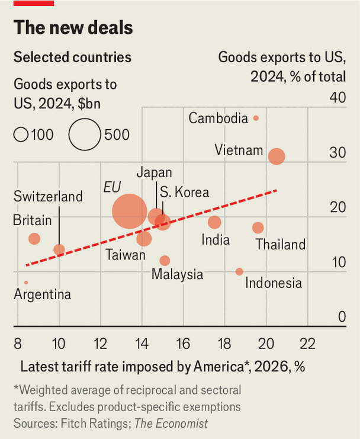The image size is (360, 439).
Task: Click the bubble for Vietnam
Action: pos(277,156)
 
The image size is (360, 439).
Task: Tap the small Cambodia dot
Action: pos(256,118)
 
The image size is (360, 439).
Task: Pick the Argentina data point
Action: pos(26,283)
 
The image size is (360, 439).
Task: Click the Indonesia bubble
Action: pos(239,271)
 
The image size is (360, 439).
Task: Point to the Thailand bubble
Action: pos(258,227)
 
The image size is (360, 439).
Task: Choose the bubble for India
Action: pos(214,222)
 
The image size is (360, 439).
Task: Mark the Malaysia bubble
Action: pos(165,261)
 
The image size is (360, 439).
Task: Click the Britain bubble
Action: pos(34,239)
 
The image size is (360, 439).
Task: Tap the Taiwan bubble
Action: pos(144,239)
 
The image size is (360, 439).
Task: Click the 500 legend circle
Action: pos(85,134)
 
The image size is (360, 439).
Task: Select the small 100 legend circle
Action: pos(21,135)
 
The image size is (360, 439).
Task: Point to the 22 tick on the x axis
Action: pos(307,343)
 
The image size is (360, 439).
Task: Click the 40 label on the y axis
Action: pos(337,97)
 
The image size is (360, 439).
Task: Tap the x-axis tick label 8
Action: pos(18,343)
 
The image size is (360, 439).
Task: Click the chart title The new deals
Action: pos(73,27)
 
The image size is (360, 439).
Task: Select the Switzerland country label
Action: pos(48,197)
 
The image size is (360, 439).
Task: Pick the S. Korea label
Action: pos(184,192)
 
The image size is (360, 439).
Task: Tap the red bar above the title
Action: pos(34,3)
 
